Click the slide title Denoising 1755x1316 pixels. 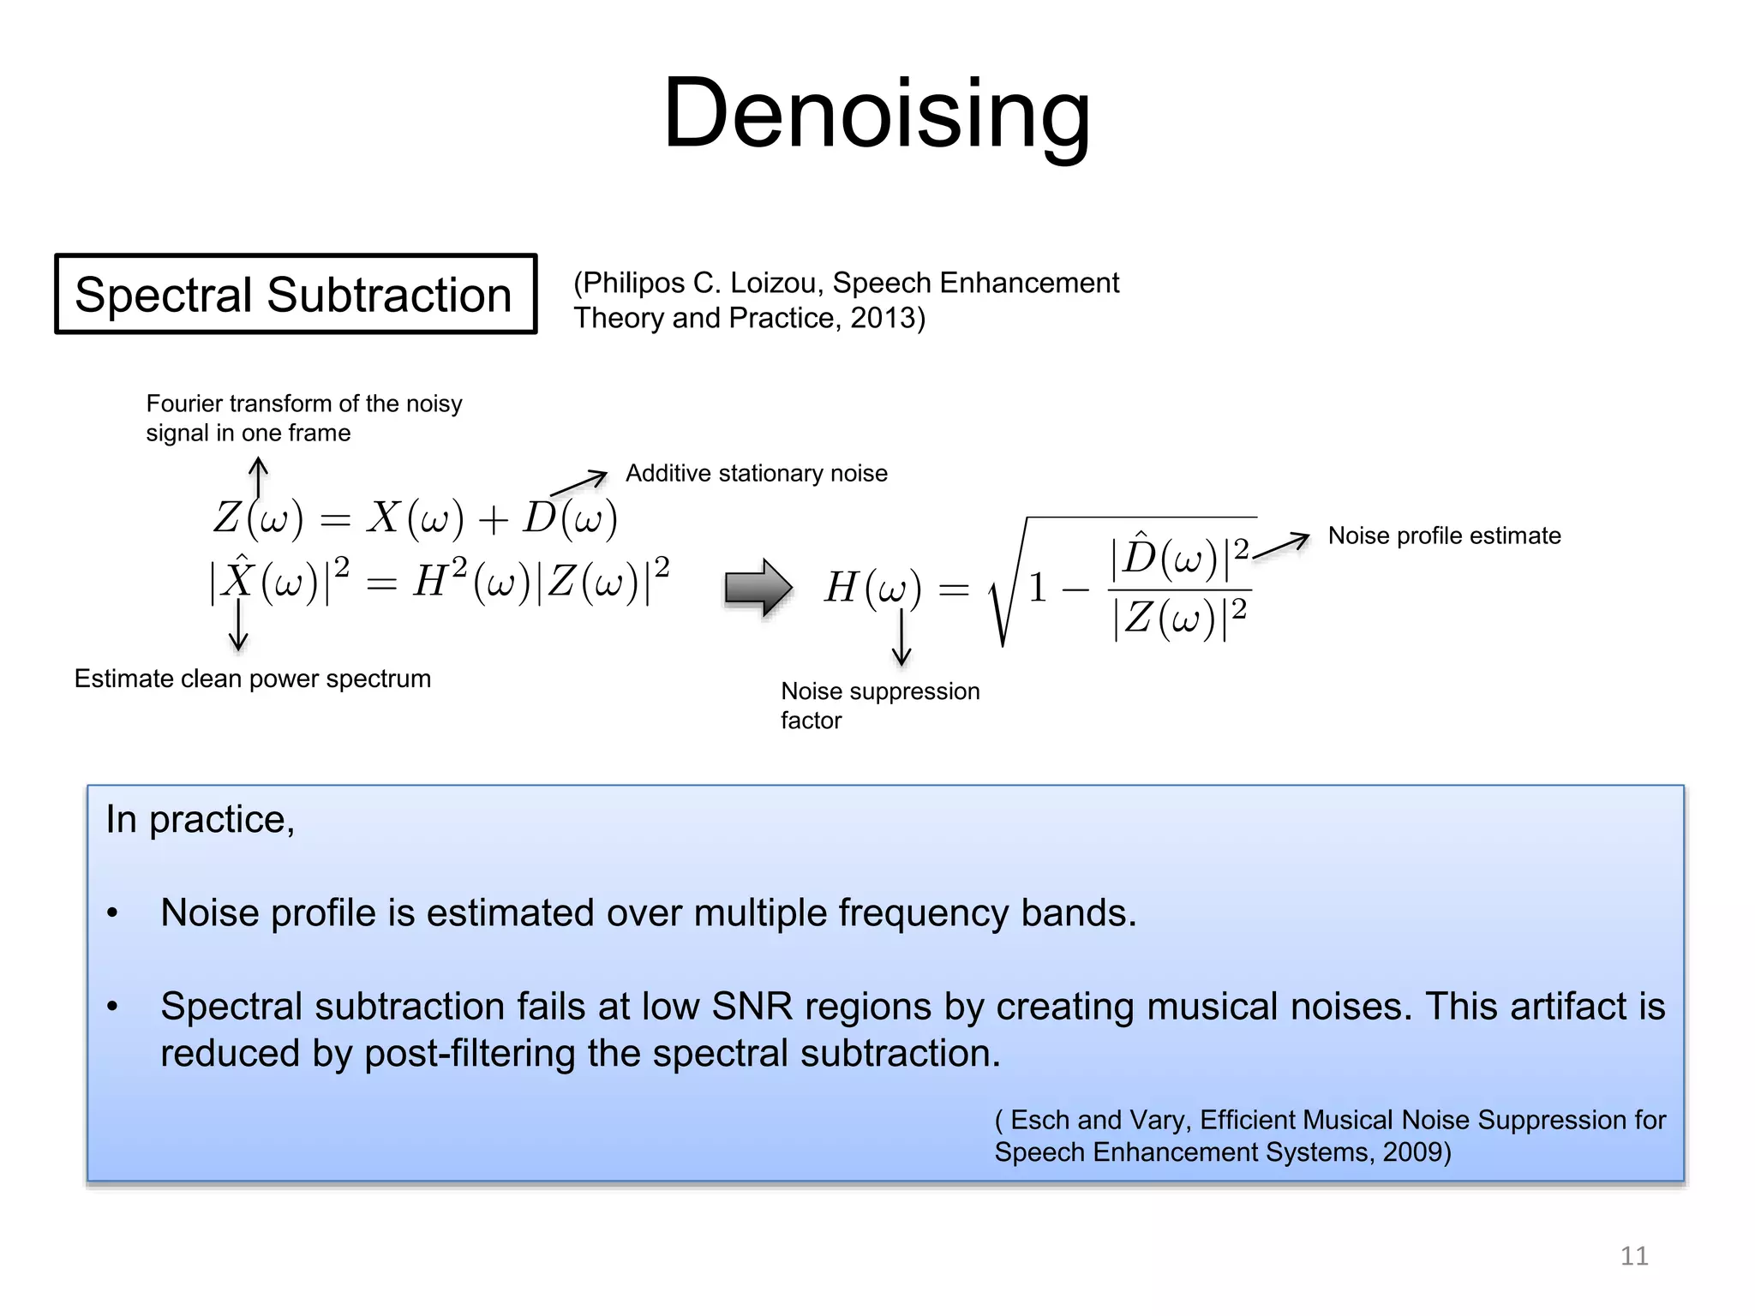(877, 113)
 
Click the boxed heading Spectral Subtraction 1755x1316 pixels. (294, 294)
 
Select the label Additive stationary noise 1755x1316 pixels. (756, 473)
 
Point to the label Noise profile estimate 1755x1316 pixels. (1444, 535)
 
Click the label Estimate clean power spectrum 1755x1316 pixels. (252, 679)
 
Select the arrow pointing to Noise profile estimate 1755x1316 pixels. (1282, 546)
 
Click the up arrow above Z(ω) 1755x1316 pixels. (258, 476)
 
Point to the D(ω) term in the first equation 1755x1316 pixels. (570, 517)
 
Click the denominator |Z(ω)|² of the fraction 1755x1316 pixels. (1179, 618)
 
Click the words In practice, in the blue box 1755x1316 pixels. (200, 820)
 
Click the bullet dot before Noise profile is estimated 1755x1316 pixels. (112, 913)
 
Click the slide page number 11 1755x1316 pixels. (1633, 1256)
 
